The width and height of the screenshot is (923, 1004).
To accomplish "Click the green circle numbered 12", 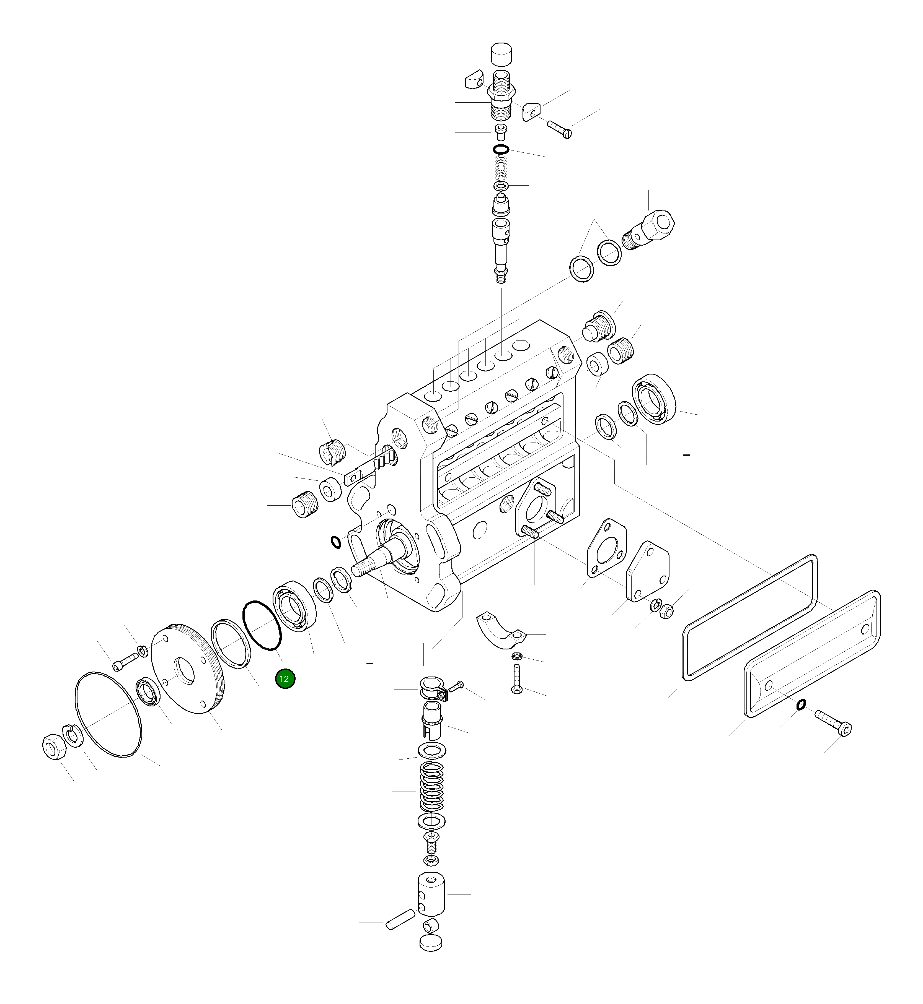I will [x=285, y=679].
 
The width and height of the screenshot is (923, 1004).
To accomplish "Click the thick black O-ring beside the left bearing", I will [x=262, y=626].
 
